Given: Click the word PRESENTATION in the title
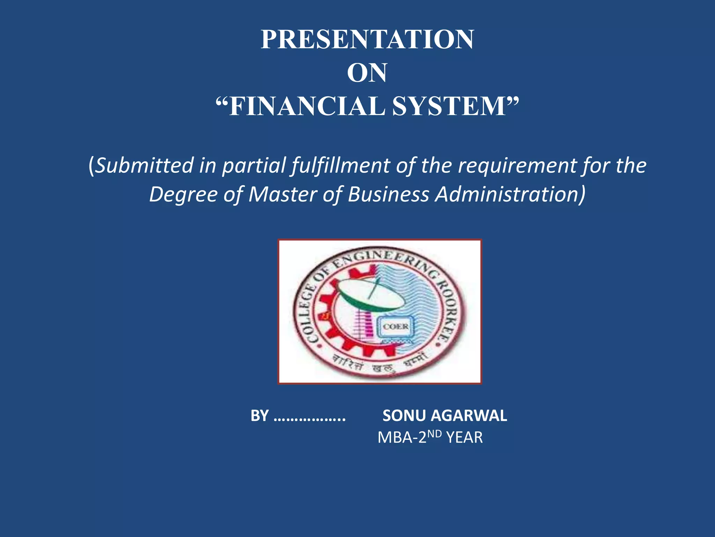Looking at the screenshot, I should [367, 39].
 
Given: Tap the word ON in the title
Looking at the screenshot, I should [367, 73].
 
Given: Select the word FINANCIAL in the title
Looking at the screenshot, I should [307, 106].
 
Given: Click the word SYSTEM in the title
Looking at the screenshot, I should [449, 106].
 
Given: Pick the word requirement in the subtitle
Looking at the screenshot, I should [517, 165].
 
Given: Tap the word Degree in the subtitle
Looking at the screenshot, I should [184, 194].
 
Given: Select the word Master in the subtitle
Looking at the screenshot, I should [283, 194].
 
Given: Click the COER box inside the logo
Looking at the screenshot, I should [396, 327].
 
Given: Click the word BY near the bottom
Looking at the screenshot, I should [260, 416].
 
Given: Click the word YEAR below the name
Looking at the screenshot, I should [464, 437].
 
